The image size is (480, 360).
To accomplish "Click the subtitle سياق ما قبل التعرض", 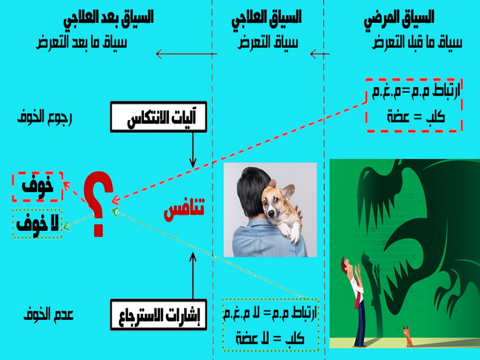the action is tap(417, 42).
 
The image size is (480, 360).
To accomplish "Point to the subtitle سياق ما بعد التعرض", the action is tap(81, 42).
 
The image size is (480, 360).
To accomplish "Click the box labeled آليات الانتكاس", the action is tap(158, 116).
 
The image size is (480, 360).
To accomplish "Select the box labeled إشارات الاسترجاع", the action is tap(158, 314).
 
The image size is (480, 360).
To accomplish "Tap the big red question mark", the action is tap(98, 203).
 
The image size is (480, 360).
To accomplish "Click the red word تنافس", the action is tap(184, 209).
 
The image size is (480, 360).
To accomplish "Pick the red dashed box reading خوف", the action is tap(37, 187).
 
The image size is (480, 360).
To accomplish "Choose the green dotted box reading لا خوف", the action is tap(37, 224).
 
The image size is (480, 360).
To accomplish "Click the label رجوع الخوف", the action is tap(44, 116).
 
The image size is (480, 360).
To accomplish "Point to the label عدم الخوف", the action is tap(49, 314).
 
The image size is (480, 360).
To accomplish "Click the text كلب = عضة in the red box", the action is tap(416, 116).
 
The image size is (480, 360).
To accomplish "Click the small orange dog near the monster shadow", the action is tap(407, 337).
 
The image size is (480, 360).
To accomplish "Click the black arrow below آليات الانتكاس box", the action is tap(193, 150).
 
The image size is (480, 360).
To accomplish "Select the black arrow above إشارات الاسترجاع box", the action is tap(193, 275).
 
